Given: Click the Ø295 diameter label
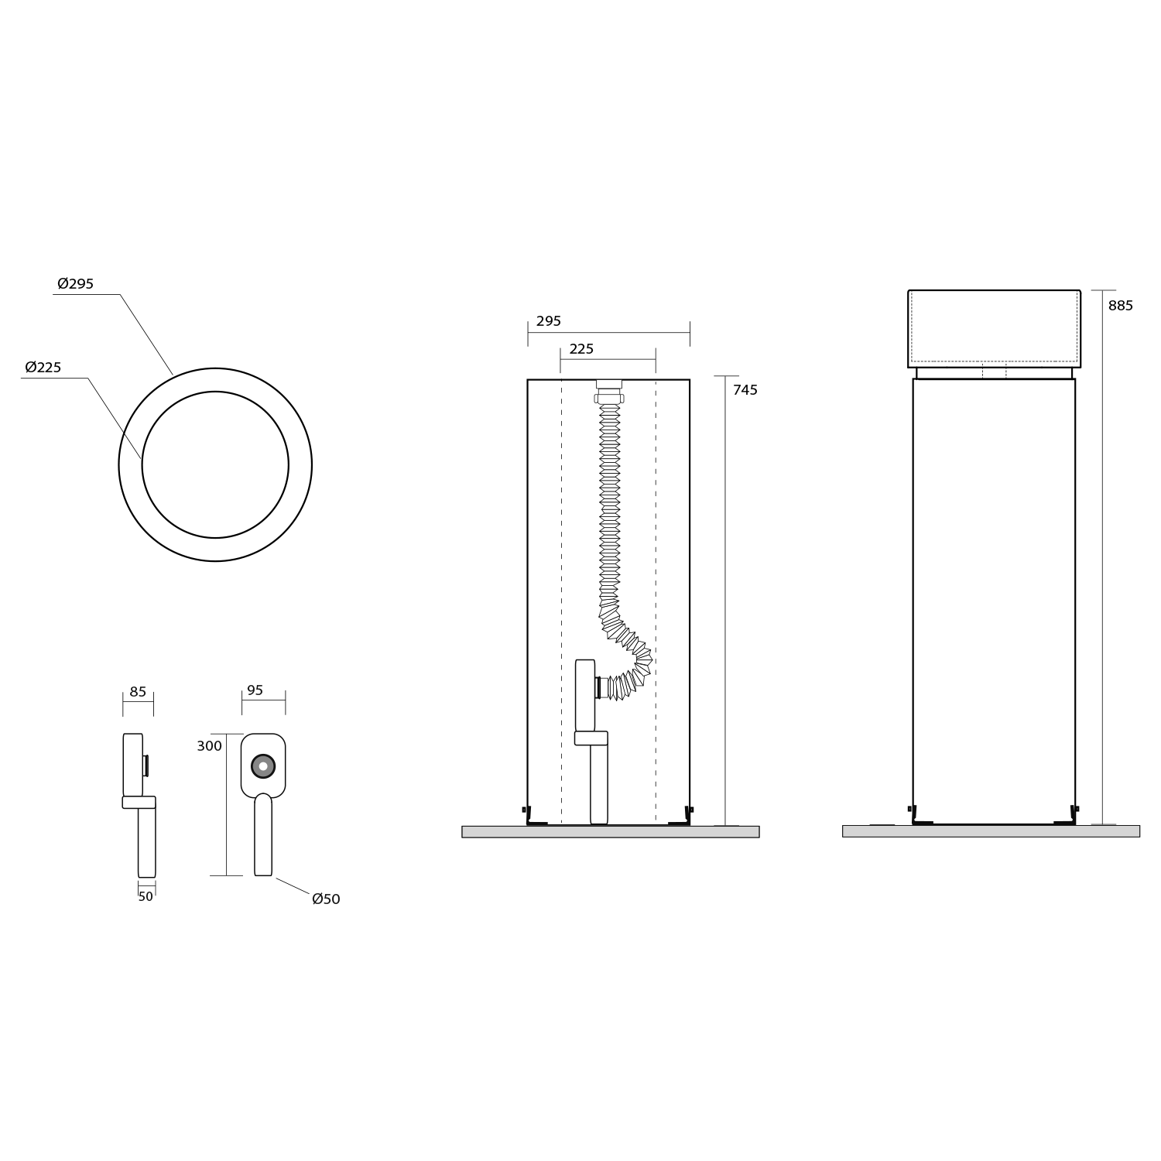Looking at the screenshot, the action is click(75, 284).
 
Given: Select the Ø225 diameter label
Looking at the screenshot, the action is click(43, 368).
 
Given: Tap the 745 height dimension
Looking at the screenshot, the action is click(745, 390).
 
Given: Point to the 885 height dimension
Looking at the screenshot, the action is click(1120, 306).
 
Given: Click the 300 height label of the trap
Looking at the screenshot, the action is click(209, 746).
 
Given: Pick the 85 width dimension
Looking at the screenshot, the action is click(138, 692).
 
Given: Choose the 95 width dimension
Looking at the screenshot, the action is click(255, 690).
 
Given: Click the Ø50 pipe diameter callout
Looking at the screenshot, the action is click(326, 899).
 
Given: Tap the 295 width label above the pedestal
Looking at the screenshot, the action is click(549, 321).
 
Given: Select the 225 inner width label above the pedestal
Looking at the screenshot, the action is click(581, 349).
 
